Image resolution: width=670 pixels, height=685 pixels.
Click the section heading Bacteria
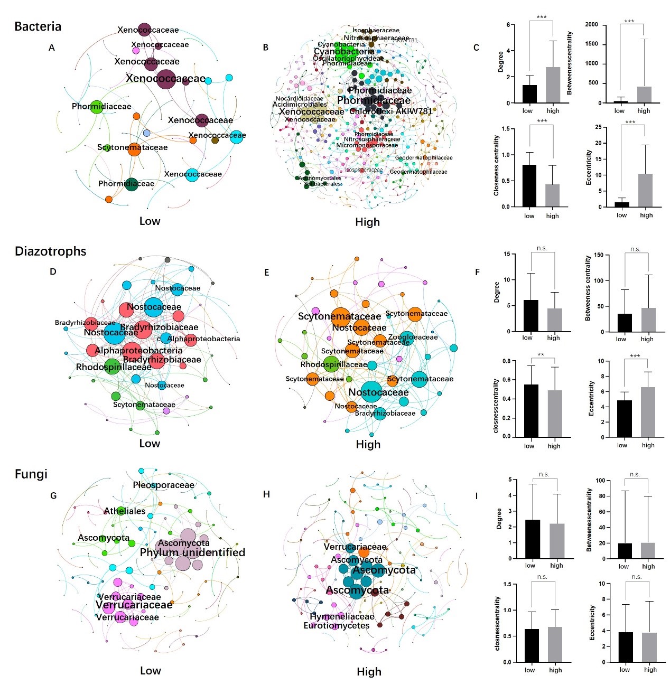click(38, 26)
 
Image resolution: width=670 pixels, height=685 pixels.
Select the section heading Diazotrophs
click(50, 251)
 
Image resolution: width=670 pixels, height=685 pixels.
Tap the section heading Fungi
click(31, 474)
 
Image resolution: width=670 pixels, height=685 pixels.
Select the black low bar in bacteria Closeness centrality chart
click(529, 185)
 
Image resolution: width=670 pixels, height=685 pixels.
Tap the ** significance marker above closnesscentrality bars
click(541, 355)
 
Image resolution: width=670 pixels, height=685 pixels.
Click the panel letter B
click(266, 48)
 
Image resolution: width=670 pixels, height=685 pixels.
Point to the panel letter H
click(266, 494)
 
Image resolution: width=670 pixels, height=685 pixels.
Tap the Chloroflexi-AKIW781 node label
click(391, 111)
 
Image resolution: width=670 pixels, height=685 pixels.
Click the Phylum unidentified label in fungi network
click(192, 552)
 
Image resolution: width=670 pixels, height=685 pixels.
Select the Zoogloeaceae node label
click(413, 337)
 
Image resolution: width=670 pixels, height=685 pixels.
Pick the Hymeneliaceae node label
click(342, 616)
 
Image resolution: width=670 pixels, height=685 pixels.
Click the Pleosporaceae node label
click(164, 485)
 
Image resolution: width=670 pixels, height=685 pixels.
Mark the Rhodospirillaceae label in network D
click(114, 367)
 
